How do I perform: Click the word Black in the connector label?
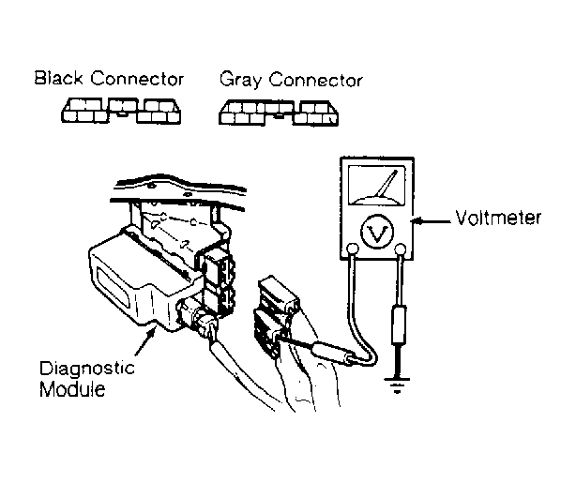tap(58, 78)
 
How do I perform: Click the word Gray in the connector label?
tap(240, 80)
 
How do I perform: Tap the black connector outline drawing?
tap(121, 111)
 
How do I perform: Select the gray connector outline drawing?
tap(279, 113)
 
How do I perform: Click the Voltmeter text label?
tap(498, 218)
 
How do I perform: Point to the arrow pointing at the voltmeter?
tap(431, 221)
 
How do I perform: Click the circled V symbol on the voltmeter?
tap(377, 233)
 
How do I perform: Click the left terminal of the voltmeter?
tap(353, 249)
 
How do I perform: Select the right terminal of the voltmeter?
tap(400, 249)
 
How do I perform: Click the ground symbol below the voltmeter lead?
tap(397, 384)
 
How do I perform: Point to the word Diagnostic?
tap(86, 369)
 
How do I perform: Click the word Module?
tap(72, 389)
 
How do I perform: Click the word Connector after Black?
tap(137, 78)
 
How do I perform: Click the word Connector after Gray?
tap(316, 80)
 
